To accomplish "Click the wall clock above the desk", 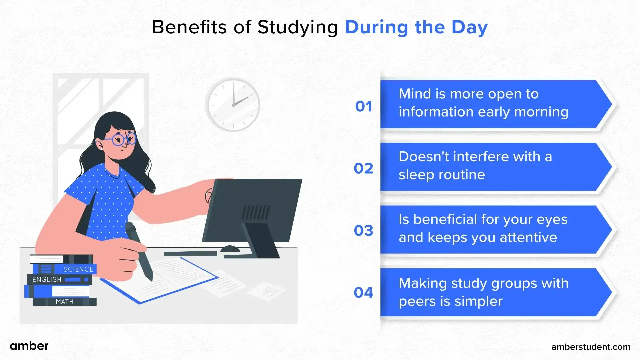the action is [x=233, y=104].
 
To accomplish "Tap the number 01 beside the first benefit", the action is [x=363, y=106].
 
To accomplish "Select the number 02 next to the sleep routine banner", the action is [x=363, y=168].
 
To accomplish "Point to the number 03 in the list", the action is [x=363, y=230].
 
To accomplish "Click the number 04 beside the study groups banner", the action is [x=363, y=293].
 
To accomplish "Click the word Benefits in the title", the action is [x=189, y=27].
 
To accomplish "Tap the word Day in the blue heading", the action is [x=469, y=28].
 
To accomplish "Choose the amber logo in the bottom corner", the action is [x=29, y=346].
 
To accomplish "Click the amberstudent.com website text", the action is [x=591, y=347].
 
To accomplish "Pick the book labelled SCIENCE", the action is [x=65, y=269].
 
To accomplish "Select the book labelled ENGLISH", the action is [x=59, y=279].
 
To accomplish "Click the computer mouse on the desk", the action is [x=230, y=249].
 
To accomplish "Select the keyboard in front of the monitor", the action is [x=190, y=253].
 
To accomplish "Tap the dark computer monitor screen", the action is [x=252, y=210].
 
